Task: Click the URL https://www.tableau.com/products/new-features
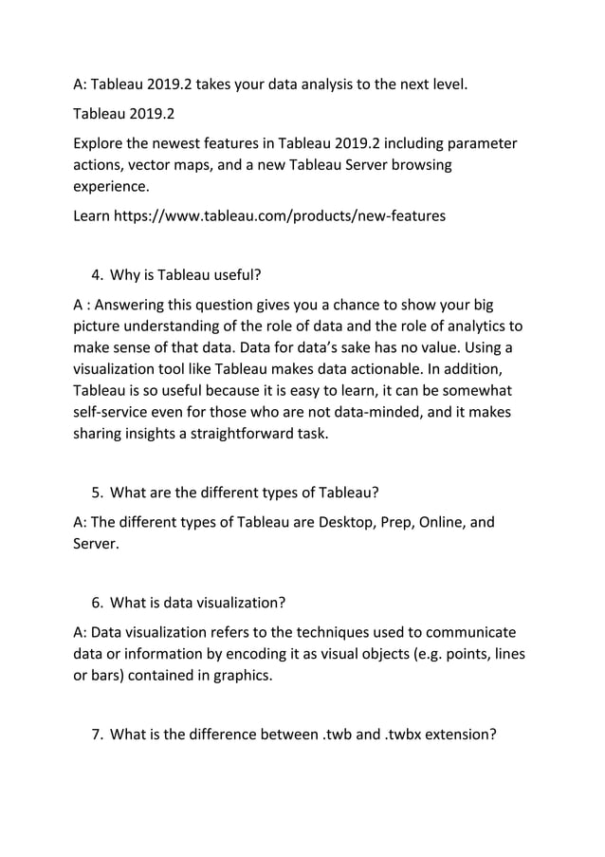pyautogui.click(x=280, y=216)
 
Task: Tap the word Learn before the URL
pyautogui.click(x=92, y=216)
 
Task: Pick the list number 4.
pyautogui.click(x=97, y=276)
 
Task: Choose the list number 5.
pyautogui.click(x=97, y=492)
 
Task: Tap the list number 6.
pyautogui.click(x=97, y=603)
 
